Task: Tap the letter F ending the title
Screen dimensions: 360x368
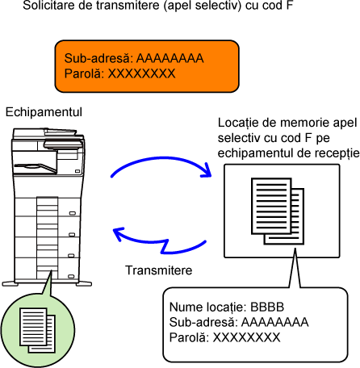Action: tap(289, 5)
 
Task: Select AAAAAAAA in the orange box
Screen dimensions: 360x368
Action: tap(170, 58)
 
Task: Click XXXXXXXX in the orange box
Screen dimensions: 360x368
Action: tap(141, 73)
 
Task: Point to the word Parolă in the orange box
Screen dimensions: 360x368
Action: tap(82, 73)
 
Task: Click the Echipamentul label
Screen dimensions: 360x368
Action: tap(44, 112)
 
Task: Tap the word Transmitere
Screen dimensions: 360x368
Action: tap(159, 270)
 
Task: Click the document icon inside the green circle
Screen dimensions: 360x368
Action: tap(37, 330)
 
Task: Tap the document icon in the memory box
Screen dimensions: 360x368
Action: tap(278, 211)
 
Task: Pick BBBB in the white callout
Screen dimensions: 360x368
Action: tap(267, 307)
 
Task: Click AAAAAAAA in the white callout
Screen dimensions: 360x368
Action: tap(275, 322)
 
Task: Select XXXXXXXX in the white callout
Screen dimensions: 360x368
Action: tap(246, 337)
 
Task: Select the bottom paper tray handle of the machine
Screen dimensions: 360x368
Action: tap(71, 276)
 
